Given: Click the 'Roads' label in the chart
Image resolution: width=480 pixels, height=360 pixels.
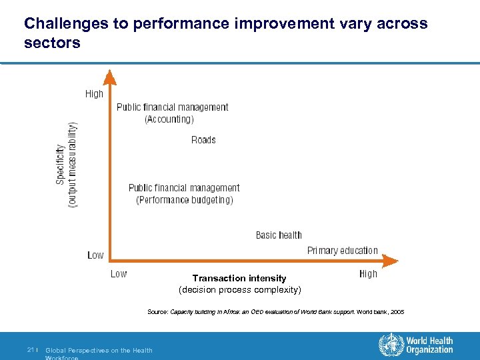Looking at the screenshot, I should click(203, 140).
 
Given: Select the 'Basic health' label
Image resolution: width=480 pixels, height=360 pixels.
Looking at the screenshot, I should click(279, 235).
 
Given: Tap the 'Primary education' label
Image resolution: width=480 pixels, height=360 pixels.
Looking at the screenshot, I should click(342, 251).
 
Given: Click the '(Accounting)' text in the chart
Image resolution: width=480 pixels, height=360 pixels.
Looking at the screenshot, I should click(169, 119).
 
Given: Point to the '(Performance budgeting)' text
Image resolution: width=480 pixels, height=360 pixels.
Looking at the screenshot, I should click(185, 200).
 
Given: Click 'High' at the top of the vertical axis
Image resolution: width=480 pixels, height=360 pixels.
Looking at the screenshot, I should click(94, 94).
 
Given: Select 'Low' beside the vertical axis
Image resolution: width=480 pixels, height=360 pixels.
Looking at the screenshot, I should click(95, 255).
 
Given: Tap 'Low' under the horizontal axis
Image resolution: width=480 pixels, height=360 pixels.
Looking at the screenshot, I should click(119, 273).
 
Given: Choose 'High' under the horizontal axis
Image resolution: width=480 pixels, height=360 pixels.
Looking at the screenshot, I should click(368, 273).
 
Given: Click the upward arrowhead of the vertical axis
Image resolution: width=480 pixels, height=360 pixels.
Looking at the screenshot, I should click(109, 78).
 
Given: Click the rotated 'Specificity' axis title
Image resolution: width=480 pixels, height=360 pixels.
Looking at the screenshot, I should click(61, 164).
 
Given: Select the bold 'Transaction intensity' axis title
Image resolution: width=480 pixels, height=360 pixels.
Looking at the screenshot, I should click(239, 279).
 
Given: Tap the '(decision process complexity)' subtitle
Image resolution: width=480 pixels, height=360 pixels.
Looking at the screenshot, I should click(239, 290).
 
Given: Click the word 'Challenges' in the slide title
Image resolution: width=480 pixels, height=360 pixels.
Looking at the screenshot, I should click(61, 24).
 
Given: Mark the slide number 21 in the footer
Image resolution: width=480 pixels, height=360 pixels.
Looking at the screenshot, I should click(31, 350).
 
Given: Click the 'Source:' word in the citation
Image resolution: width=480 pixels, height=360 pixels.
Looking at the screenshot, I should click(157, 312).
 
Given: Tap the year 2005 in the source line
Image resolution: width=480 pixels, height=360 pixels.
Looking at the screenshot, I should click(396, 312).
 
